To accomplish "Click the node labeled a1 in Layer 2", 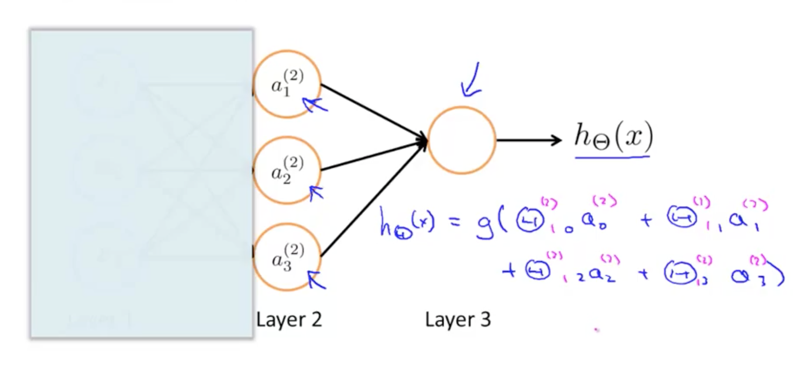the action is pyautogui.click(x=287, y=84).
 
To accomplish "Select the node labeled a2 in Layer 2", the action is pyautogui.click(x=287, y=170).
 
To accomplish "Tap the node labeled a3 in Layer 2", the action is pyautogui.click(x=287, y=257).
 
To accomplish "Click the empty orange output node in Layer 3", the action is pyautogui.click(x=461, y=140).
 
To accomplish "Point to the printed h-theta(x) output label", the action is pyautogui.click(x=613, y=137).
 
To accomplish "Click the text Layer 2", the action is pyautogui.click(x=289, y=320).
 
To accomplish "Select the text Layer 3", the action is pyautogui.click(x=458, y=320).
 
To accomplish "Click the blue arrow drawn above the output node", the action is pyautogui.click(x=472, y=81).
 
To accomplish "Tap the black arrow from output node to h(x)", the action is pyautogui.click(x=528, y=140).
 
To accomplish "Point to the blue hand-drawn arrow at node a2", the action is pyautogui.click(x=316, y=192).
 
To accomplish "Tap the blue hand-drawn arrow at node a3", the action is pyautogui.click(x=316, y=279).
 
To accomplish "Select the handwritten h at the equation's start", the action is pyautogui.click(x=386, y=222).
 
